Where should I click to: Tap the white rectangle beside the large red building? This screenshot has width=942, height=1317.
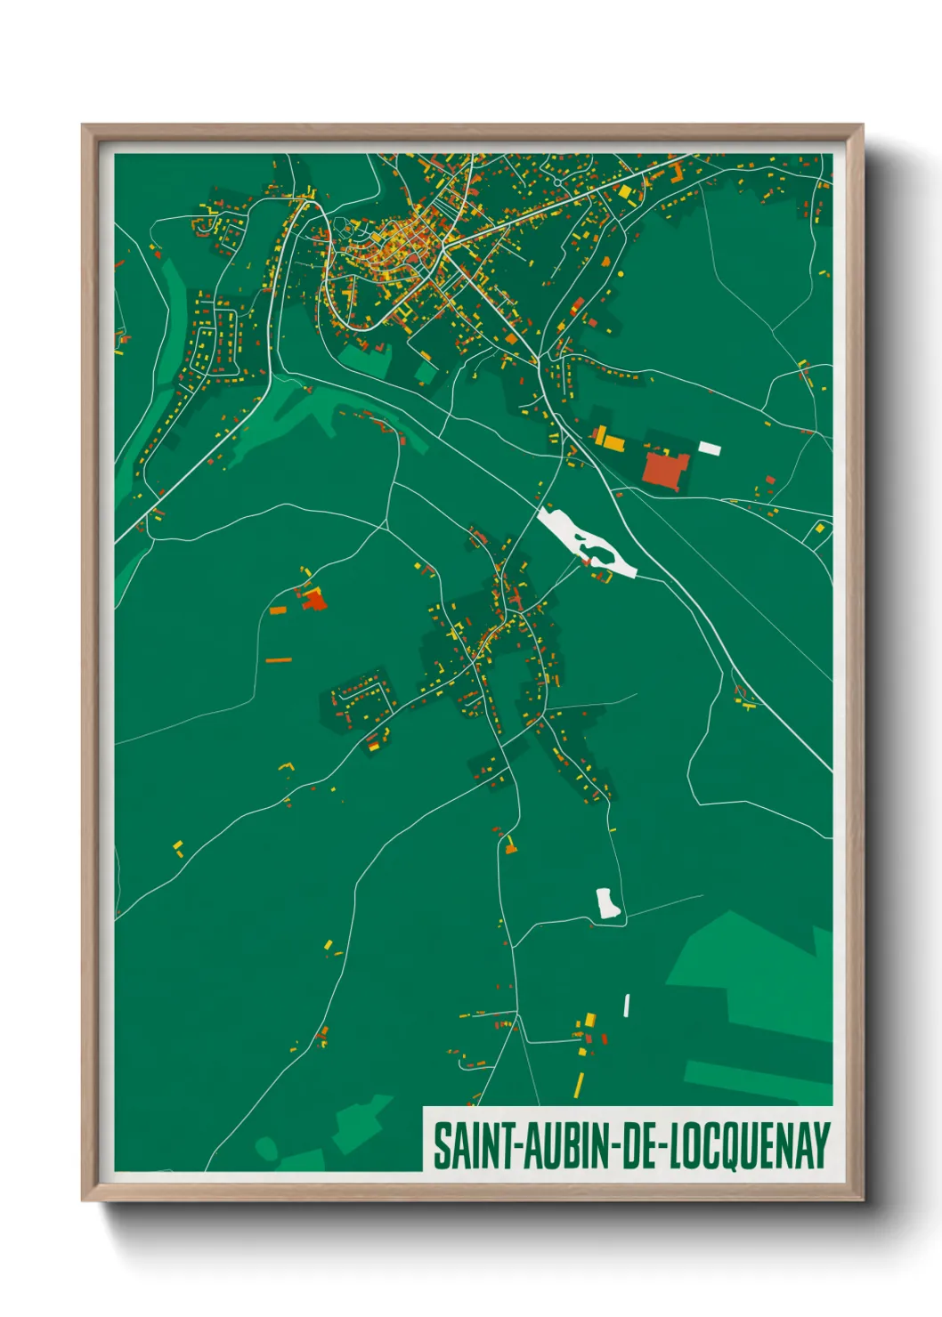[x=710, y=448]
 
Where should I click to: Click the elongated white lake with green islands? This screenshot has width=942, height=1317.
[x=583, y=540]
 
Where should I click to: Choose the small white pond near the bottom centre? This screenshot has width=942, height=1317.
[x=608, y=902]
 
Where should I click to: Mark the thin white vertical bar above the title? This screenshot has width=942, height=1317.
[x=627, y=1006]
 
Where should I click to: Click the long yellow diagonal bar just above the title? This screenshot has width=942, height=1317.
[x=579, y=1085]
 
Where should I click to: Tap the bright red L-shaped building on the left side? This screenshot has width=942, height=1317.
[x=313, y=600]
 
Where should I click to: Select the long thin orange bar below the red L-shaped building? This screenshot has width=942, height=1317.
[x=279, y=660]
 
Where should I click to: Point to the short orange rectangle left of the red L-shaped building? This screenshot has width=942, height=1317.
[x=278, y=610]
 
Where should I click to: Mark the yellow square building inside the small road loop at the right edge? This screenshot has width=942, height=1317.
[x=820, y=529]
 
